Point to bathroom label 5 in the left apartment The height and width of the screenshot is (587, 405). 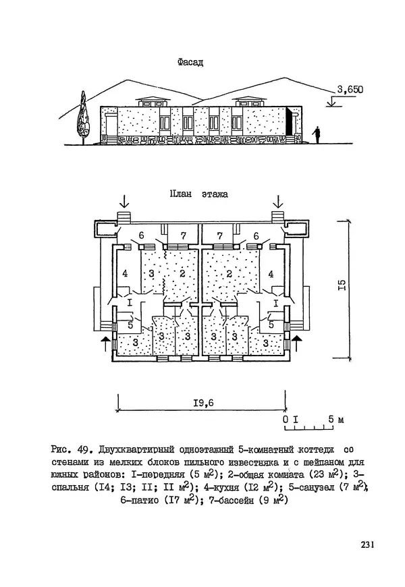click(130, 324)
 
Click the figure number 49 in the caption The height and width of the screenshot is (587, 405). click(85, 449)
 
